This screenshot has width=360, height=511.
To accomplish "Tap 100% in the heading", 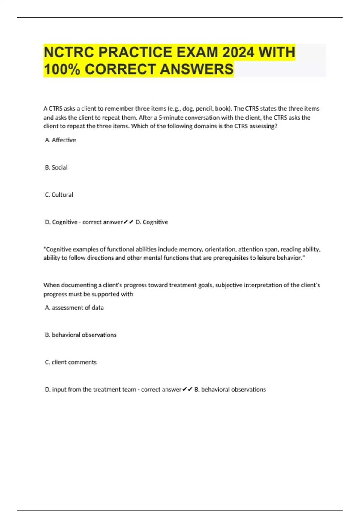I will [x=62, y=69].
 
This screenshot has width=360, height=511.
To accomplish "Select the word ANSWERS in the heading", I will [x=197, y=69].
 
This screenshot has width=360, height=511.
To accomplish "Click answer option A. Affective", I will [x=60, y=140].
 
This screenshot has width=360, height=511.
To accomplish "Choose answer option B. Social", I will [x=56, y=167].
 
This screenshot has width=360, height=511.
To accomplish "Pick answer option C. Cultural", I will [x=59, y=195].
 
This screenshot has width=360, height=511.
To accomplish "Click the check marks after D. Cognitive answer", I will [x=128, y=222].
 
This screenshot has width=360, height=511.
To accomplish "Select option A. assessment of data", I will [x=74, y=308].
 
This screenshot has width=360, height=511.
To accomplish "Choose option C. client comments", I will [x=71, y=362].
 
